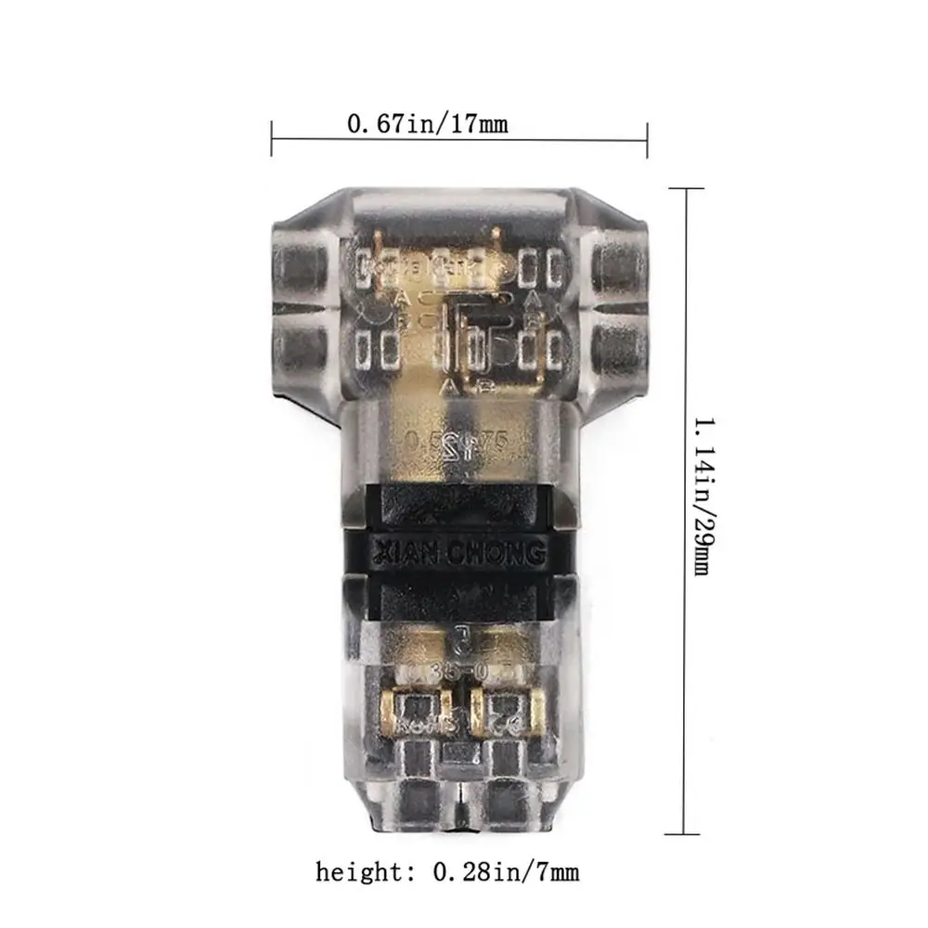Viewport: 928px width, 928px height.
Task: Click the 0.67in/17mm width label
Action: pos(428,122)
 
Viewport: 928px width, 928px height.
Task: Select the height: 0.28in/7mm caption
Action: pos(447,872)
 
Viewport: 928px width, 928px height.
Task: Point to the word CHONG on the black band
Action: pos(498,556)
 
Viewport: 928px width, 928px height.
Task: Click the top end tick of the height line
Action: pos(687,188)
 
